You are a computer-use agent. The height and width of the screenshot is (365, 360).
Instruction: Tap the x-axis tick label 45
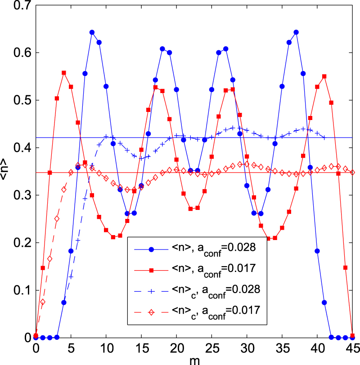[352, 348]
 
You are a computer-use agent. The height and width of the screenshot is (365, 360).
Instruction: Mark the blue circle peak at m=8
[92, 32]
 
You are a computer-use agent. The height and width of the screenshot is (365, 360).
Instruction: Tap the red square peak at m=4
[64, 73]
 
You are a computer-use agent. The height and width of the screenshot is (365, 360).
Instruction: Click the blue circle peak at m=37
[296, 32]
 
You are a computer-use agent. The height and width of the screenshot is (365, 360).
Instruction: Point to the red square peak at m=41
[324, 76]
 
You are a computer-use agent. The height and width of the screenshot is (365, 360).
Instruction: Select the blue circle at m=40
[317, 251]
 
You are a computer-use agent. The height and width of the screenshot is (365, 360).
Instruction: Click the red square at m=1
[43, 268]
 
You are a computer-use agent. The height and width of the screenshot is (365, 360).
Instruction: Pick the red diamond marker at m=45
[352, 172]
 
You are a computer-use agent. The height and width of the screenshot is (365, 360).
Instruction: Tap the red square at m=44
[346, 267]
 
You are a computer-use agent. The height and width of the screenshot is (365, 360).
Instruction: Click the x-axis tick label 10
[106, 348]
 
